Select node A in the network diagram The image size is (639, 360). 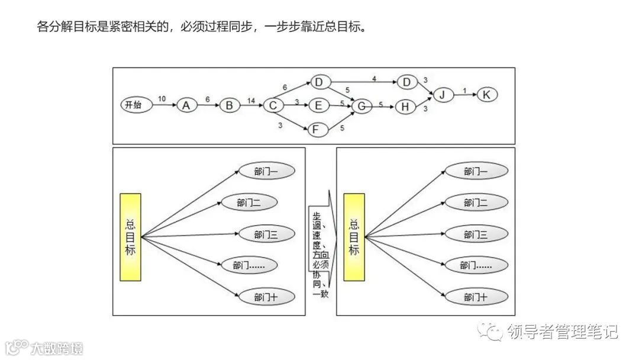click(x=186, y=105)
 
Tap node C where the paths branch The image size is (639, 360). click(x=273, y=106)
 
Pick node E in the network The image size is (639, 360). click(x=318, y=106)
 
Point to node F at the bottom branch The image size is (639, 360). click(x=318, y=128)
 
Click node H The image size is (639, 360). click(x=405, y=107)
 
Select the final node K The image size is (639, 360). click(x=487, y=95)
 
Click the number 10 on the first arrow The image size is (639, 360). click(x=162, y=99)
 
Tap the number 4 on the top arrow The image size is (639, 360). click(x=374, y=78)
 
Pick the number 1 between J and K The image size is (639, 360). click(x=464, y=91)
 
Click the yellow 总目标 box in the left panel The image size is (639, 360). click(x=131, y=237)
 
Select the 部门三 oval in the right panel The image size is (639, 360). click(x=476, y=235)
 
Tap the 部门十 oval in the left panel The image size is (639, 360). click(x=266, y=297)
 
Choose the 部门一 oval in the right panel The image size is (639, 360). click(x=476, y=172)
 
